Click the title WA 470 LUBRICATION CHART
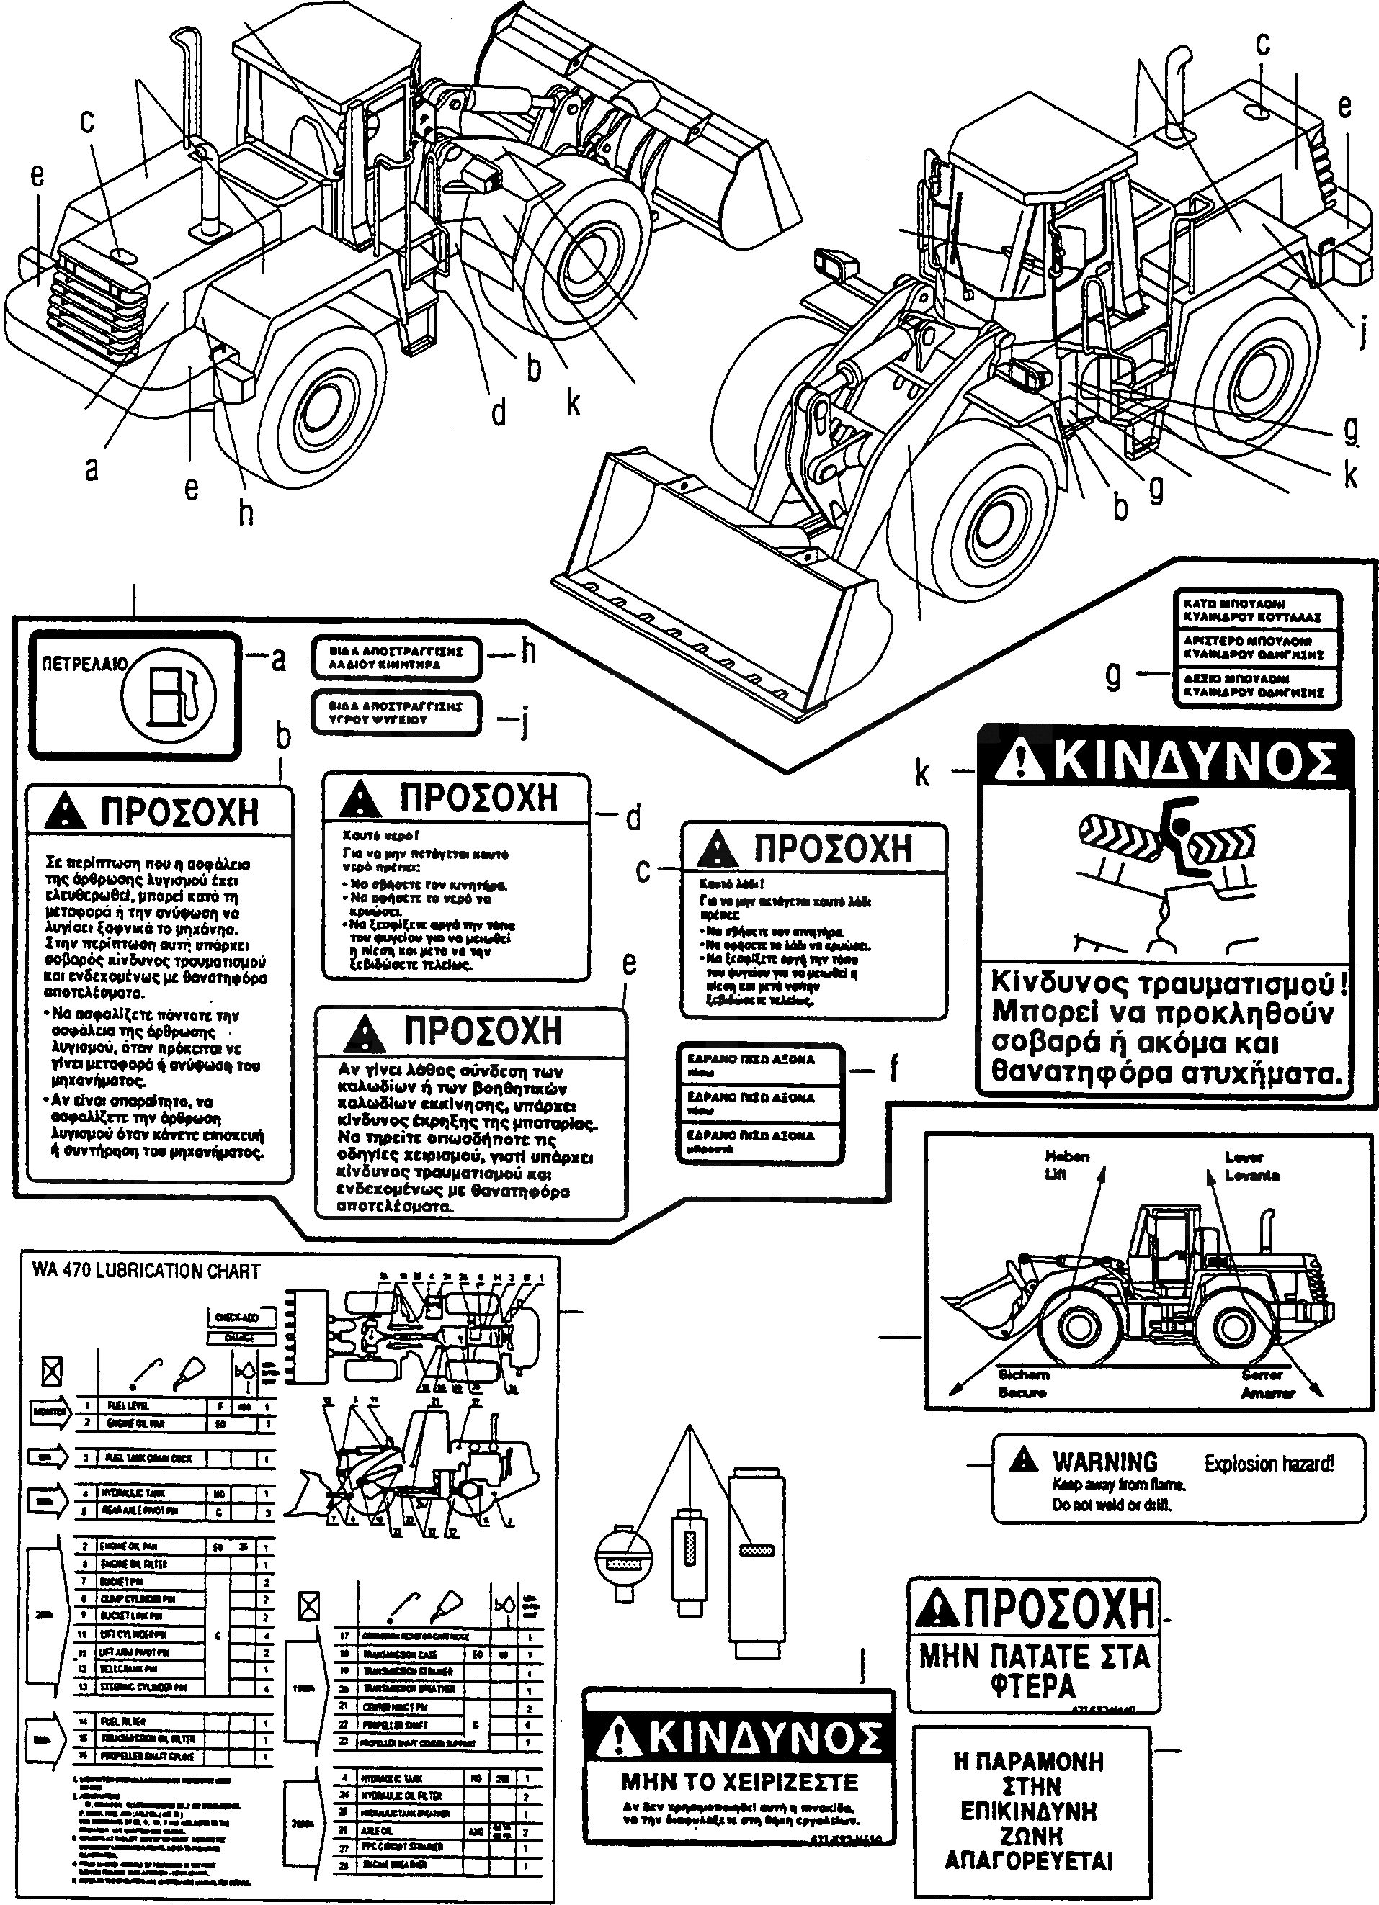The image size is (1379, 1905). (x=146, y=1271)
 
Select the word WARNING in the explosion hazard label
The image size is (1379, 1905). (x=1105, y=1462)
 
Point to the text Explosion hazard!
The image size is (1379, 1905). (x=1269, y=1464)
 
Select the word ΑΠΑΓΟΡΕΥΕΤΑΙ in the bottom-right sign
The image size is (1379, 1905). (x=1029, y=1861)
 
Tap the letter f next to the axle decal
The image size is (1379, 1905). (x=893, y=1069)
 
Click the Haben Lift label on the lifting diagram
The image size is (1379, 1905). (x=1066, y=1166)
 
